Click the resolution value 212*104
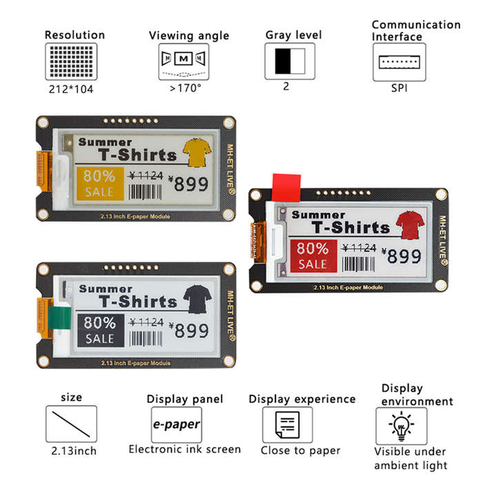click(x=71, y=89)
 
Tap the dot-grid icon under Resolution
click(x=71, y=61)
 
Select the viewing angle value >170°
click(x=185, y=88)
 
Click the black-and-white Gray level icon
click(x=290, y=61)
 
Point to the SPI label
click(x=400, y=88)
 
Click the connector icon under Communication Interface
click(x=400, y=62)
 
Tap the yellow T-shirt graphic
click(x=197, y=152)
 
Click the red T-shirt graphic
click(x=410, y=225)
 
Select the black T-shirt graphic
click(x=197, y=299)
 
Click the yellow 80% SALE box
click(x=100, y=184)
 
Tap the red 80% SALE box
click(x=313, y=256)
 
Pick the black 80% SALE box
click(x=101, y=331)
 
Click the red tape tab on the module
click(x=286, y=188)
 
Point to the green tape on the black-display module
click(x=60, y=318)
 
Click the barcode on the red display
click(x=359, y=264)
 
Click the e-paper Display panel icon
click(x=177, y=425)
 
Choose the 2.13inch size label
click(x=74, y=451)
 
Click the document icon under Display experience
click(x=287, y=425)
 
